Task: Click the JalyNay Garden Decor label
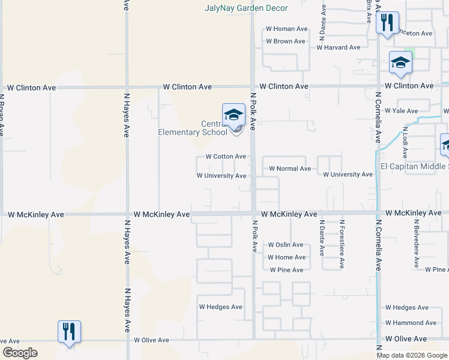[x=246, y=8]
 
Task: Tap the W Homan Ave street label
[x=286, y=29]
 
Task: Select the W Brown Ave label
[x=285, y=41]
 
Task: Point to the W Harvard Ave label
[x=339, y=47]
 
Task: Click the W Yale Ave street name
[x=402, y=111]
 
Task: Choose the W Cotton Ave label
[x=226, y=157]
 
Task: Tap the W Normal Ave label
[x=290, y=169]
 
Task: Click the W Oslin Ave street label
[x=285, y=245]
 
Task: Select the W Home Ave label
[x=286, y=257]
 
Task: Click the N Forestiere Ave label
[x=342, y=238]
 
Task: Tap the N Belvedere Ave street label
[x=415, y=244]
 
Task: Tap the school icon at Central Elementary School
[x=234, y=115]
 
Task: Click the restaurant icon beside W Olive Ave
[x=69, y=331]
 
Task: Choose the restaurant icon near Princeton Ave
[x=387, y=23]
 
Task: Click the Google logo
[x=20, y=353]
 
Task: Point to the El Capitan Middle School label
[x=415, y=166]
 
